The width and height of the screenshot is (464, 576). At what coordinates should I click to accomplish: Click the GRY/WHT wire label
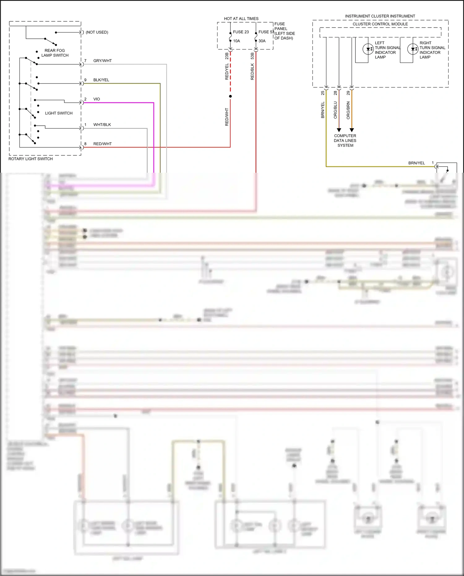point(102,61)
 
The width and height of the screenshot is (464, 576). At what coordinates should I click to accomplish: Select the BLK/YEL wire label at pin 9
point(101,80)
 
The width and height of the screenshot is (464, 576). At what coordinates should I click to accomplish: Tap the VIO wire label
point(97,99)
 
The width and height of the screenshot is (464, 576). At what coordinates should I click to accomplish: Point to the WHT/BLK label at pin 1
point(102,125)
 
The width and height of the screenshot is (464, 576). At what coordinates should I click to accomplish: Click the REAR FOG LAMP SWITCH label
point(55,53)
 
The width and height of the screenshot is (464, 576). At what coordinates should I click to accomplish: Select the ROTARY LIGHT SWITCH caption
point(30,159)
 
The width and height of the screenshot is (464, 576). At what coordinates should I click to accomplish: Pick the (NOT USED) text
point(97,32)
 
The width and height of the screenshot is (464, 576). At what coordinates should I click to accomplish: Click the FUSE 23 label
point(241,32)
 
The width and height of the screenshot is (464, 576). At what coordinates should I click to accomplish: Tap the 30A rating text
point(262,41)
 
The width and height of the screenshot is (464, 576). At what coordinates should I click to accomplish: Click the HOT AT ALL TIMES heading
point(241,19)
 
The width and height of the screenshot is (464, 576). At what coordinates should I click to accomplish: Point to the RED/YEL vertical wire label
point(227,71)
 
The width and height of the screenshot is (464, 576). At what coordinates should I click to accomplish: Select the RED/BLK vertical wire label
point(252,71)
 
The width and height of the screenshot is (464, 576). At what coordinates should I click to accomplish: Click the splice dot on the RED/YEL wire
point(230,96)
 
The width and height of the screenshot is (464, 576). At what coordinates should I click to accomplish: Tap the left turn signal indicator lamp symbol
point(368,49)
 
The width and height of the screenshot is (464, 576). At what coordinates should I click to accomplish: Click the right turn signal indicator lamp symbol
point(413,49)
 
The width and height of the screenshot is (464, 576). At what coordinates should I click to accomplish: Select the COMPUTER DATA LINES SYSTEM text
point(345,141)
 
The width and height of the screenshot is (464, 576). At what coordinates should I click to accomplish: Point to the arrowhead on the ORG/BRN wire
point(352,130)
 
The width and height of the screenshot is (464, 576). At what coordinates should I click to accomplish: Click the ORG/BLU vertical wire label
point(335,110)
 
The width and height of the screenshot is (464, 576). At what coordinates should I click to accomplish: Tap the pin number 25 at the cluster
point(323,93)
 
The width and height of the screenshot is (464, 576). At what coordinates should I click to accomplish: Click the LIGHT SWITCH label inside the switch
point(59,113)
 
